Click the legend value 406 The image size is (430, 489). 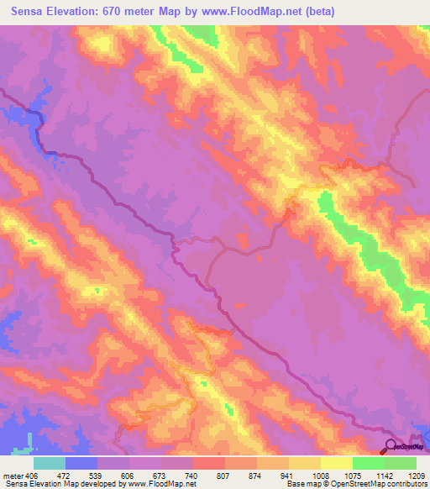pyautogui.click(x=31, y=475)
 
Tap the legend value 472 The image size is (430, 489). pyautogui.click(x=63, y=475)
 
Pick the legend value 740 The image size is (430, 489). pyautogui.click(x=192, y=475)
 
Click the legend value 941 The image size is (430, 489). pyautogui.click(x=288, y=475)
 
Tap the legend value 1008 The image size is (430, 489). pyautogui.click(x=319, y=475)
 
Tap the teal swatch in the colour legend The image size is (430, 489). pyautogui.click(x=50, y=463)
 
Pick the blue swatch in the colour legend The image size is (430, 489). pyautogui.click(x=81, y=463)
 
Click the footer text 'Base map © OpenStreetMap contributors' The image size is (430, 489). pyautogui.click(x=356, y=484)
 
